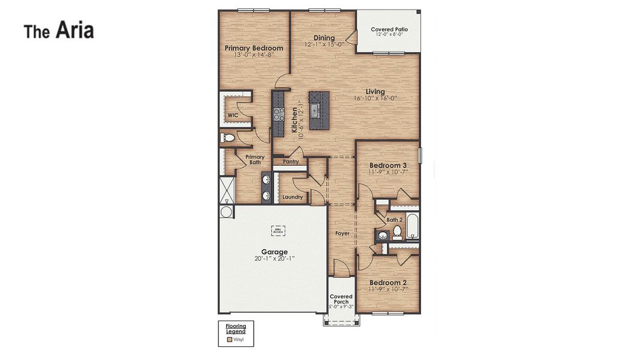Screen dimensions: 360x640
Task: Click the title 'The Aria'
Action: click(x=59, y=30)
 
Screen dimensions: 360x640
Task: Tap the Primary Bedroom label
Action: click(x=254, y=48)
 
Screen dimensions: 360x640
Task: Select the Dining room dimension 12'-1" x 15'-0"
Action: click(x=324, y=44)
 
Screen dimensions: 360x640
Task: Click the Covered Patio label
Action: click(x=389, y=29)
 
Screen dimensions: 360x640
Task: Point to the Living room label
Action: click(x=375, y=92)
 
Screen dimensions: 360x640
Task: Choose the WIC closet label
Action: click(x=233, y=115)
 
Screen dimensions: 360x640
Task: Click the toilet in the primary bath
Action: click(x=228, y=138)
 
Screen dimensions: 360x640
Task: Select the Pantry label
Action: click(x=291, y=161)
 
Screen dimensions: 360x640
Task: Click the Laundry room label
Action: click(x=293, y=197)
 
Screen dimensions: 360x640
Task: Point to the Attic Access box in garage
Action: click(x=278, y=230)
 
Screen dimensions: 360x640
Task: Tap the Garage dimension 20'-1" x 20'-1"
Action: click(x=274, y=259)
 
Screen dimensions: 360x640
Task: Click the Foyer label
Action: click(x=342, y=233)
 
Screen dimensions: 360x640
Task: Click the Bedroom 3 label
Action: click(x=388, y=166)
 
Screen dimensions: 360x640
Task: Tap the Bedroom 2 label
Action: click(x=388, y=283)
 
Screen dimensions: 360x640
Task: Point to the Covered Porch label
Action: click(x=341, y=299)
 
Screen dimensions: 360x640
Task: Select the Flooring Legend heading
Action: click(x=236, y=329)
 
